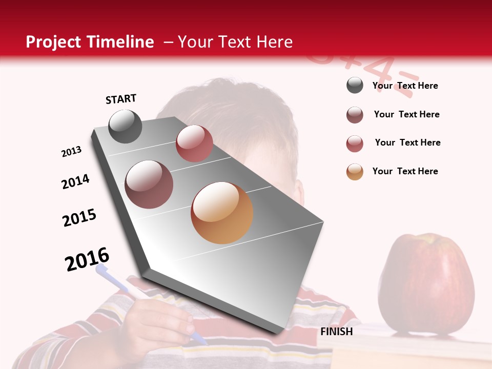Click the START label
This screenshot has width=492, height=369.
pyautogui.click(x=121, y=99)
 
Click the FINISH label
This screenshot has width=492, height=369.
pyautogui.click(x=336, y=332)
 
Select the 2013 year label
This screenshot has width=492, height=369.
pyautogui.click(x=71, y=152)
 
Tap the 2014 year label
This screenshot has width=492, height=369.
pyautogui.click(x=75, y=181)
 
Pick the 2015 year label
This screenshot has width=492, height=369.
pyautogui.click(x=79, y=218)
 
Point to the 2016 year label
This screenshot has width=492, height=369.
pyautogui.click(x=87, y=259)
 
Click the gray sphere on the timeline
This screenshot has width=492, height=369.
pyautogui.click(x=125, y=126)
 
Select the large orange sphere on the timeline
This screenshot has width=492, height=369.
pyautogui.click(x=222, y=213)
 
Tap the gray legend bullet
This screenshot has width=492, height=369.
pyautogui.click(x=355, y=86)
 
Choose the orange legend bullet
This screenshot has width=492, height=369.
pyautogui.click(x=355, y=172)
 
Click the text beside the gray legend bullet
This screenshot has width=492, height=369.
pyautogui.click(x=405, y=86)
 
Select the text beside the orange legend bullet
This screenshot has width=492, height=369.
pyautogui.click(x=405, y=171)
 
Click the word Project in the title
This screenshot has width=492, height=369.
pyautogui.click(x=53, y=42)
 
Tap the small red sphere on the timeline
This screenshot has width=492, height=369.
pyautogui.click(x=194, y=143)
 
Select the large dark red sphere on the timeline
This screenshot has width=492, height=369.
pyautogui.click(x=149, y=184)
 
